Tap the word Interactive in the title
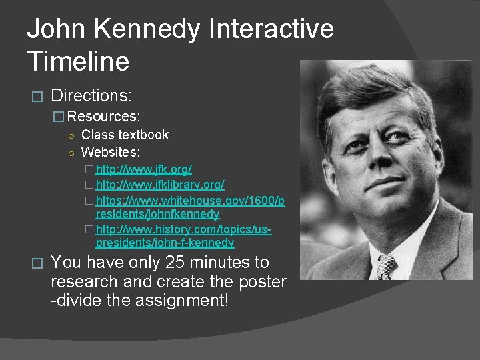coord(271,30)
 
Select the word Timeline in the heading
coord(78,62)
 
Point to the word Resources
coord(103,116)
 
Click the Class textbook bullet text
coord(125,135)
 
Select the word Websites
coord(111,152)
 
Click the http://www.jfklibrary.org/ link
coord(160,184)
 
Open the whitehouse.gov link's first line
coord(191,199)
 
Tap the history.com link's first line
coord(183,229)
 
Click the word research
coord(81,281)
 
